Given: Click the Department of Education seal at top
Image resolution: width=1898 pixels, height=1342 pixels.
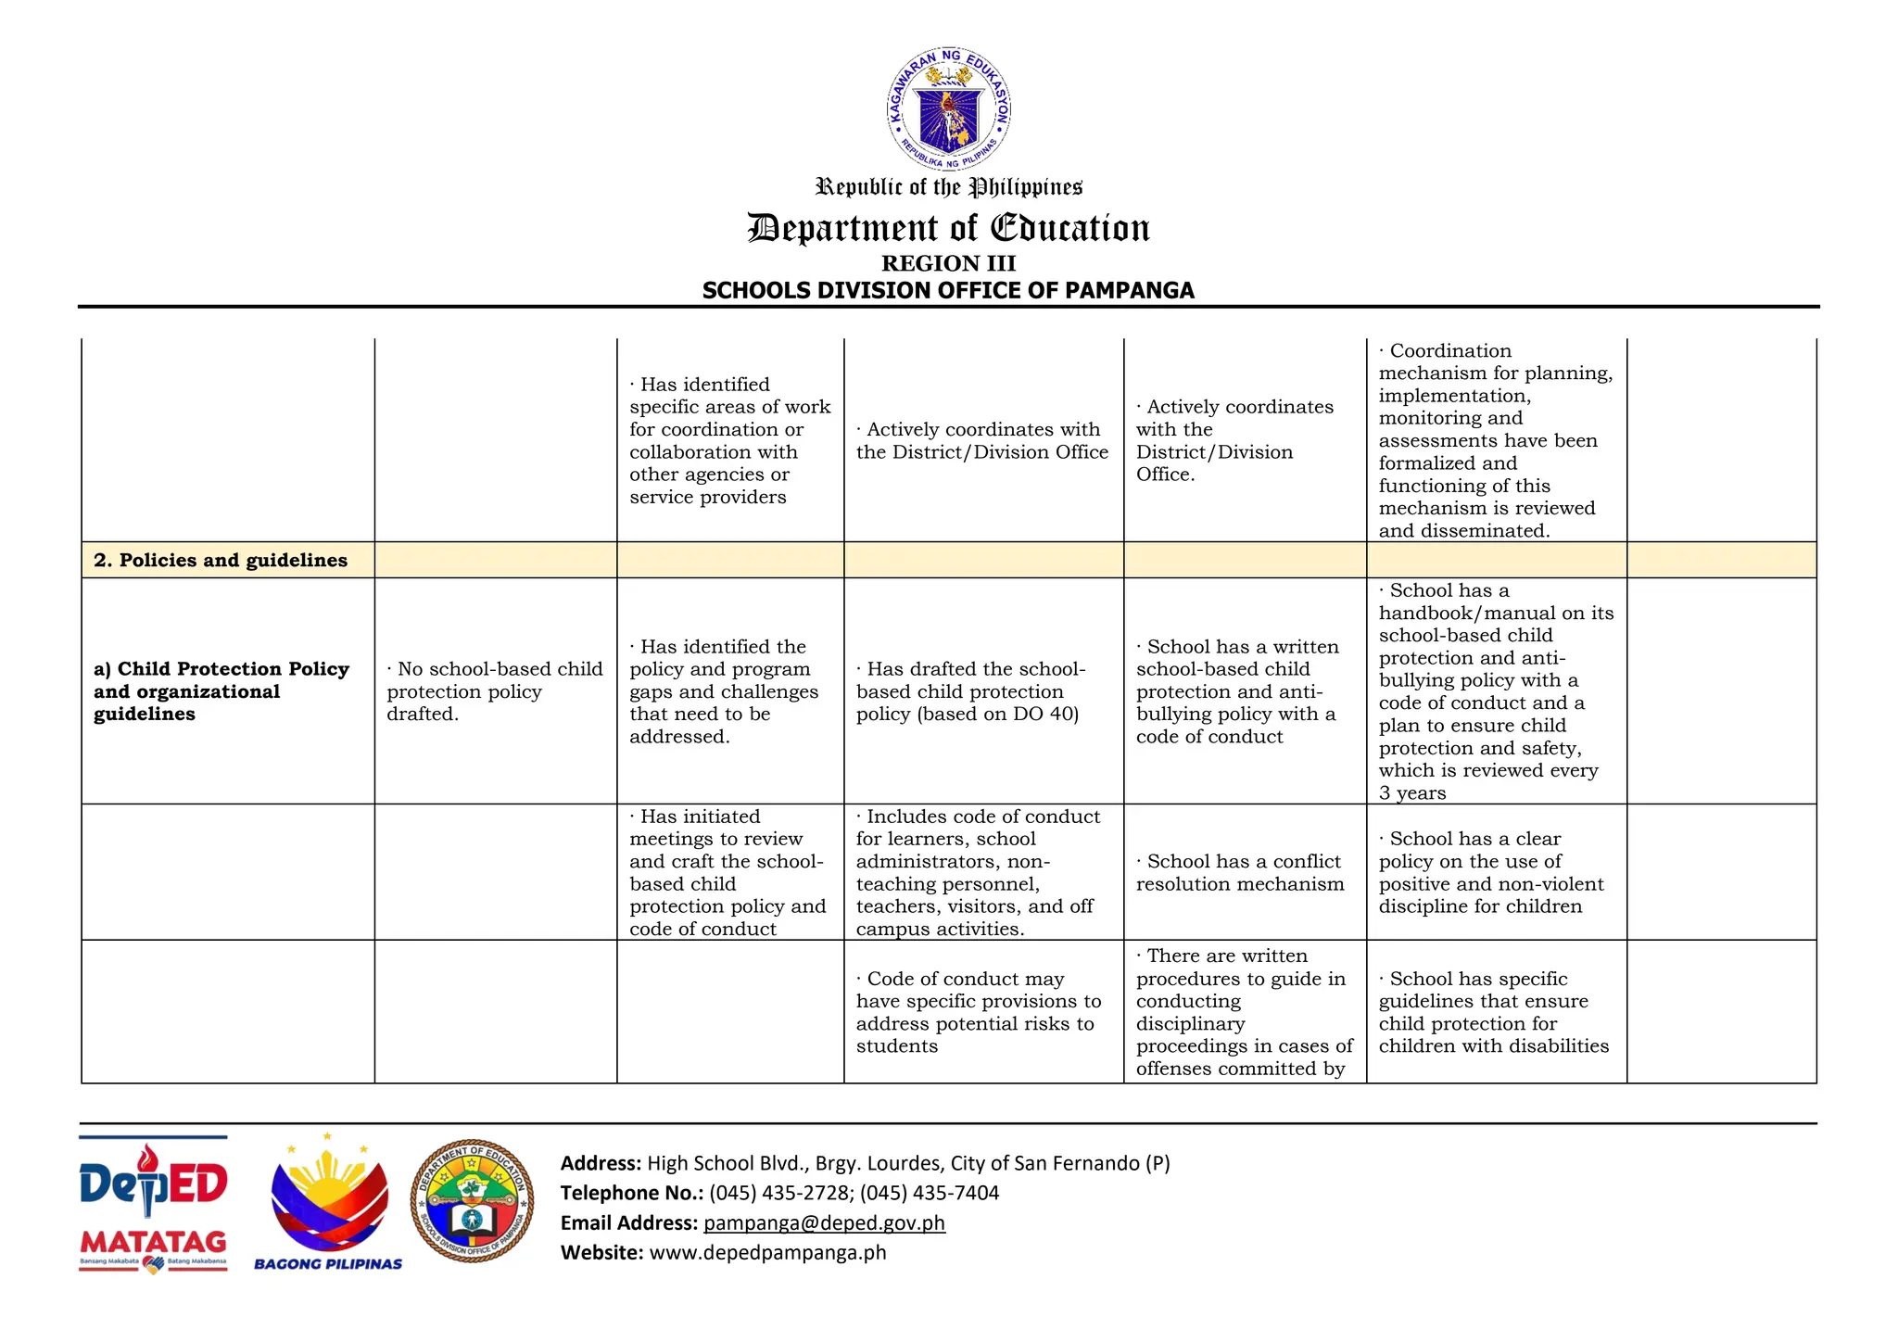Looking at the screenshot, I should point(948,109).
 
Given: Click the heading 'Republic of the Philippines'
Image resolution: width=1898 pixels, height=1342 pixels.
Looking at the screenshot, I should point(948,187).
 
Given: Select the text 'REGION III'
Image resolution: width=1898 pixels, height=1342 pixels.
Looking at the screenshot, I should point(948,263).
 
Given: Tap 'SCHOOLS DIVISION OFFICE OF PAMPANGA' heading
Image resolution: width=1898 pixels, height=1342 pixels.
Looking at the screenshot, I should point(948,290).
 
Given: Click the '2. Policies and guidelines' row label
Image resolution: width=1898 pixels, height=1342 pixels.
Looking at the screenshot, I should point(221,560).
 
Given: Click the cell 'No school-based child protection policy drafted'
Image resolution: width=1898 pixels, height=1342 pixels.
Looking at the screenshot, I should point(495,691).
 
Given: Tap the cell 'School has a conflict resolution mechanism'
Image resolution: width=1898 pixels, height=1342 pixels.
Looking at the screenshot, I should point(1240,872).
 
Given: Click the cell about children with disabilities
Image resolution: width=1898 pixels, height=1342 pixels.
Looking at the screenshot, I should point(1493,1012).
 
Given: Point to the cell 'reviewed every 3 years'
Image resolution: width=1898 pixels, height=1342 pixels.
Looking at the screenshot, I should point(1495,691).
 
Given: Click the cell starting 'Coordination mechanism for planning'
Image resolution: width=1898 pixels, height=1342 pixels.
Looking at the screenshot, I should point(1495,440).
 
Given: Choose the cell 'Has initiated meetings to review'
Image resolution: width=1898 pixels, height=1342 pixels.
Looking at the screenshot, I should point(728,872).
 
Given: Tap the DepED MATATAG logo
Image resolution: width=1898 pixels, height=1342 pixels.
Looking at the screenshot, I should point(153,1205).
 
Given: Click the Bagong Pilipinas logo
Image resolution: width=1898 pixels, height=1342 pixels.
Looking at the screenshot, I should point(328,1205).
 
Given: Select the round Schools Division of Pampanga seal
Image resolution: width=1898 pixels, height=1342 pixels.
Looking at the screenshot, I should point(472,1201).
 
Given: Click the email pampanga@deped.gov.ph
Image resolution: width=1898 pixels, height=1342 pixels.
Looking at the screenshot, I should point(824,1222).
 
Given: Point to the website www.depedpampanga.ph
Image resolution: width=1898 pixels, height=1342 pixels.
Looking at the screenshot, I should point(767,1252).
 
